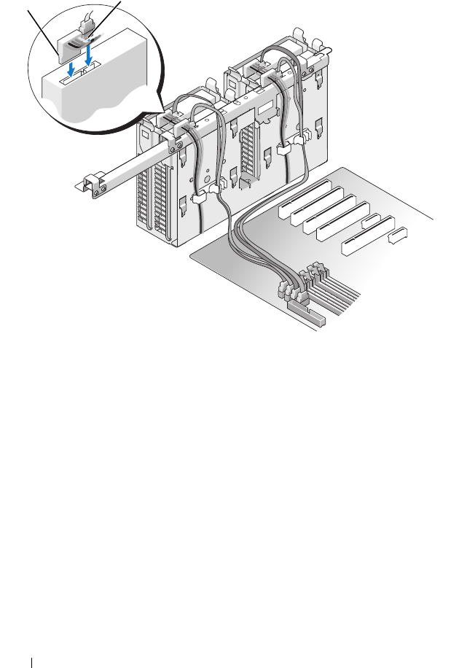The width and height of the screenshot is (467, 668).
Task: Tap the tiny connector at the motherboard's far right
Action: [x=399, y=236]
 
